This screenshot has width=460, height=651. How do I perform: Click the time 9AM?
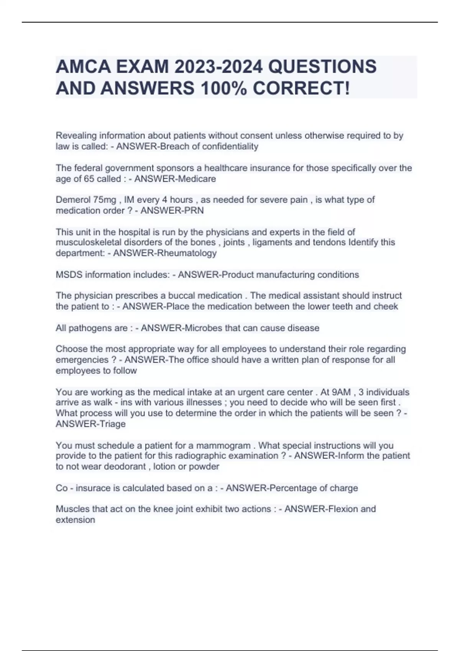[x=341, y=392]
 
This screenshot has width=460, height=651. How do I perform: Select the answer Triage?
[x=113, y=424]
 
